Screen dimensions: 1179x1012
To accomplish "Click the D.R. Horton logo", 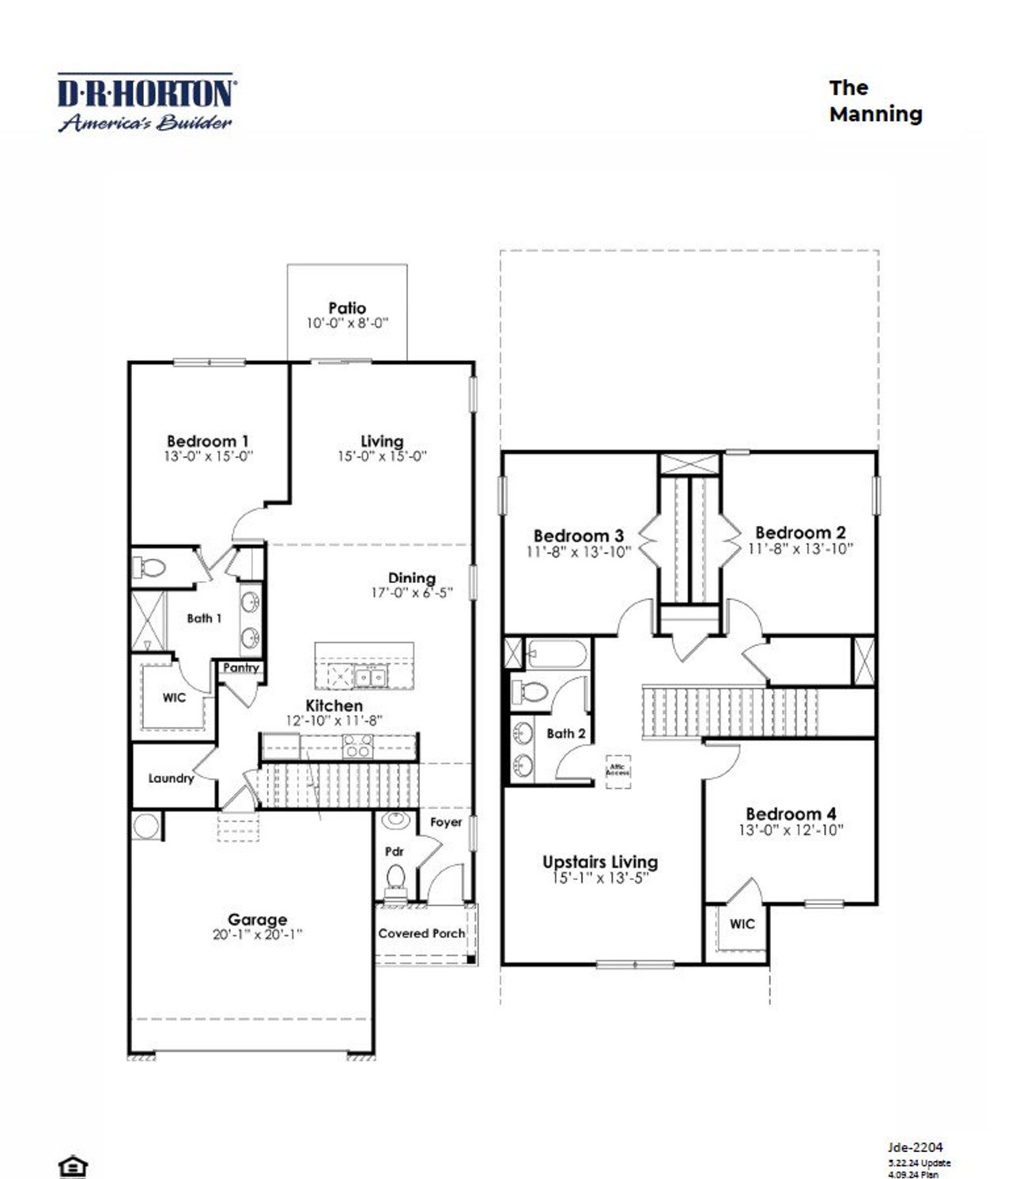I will click(x=145, y=102).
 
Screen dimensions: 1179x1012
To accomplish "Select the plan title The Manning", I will click(x=874, y=100).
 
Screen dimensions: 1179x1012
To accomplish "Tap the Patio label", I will click(x=347, y=308).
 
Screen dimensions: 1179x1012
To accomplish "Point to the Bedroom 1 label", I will click(x=208, y=440).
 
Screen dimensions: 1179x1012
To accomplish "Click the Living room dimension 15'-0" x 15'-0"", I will click(x=382, y=456).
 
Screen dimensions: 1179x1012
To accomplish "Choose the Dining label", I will click(x=411, y=578).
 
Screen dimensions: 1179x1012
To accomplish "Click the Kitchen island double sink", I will click(x=369, y=677).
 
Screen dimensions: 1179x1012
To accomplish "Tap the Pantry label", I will click(x=241, y=667).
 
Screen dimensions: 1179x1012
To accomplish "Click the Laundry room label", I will click(x=171, y=778).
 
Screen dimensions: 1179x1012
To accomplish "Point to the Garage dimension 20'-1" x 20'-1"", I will click(x=257, y=935).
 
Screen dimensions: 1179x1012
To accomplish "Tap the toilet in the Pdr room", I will click(x=396, y=877).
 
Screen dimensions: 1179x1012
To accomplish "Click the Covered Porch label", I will click(x=421, y=933).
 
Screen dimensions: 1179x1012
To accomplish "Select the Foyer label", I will click(x=446, y=822).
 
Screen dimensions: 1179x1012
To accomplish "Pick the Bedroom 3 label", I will click(x=578, y=536).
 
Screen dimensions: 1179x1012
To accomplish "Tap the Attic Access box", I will click(x=617, y=769).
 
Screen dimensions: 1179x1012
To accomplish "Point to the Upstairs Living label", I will click(x=599, y=862).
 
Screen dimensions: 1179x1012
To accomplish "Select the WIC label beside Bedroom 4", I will click(x=742, y=924).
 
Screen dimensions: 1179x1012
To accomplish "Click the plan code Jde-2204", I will click(x=915, y=1147).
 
